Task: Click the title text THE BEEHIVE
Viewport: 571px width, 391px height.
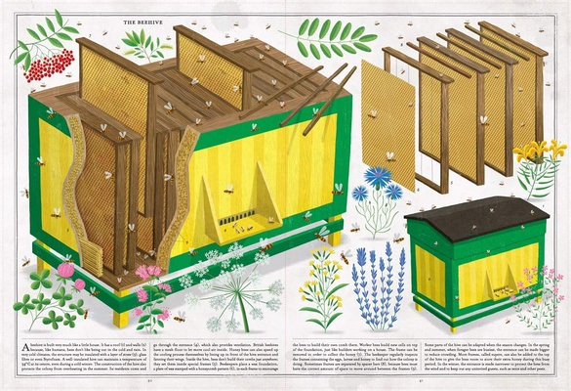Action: [x=143, y=20]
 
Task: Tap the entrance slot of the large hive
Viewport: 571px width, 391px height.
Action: [x=234, y=214]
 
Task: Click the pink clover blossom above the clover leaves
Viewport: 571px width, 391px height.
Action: [x=64, y=269]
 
